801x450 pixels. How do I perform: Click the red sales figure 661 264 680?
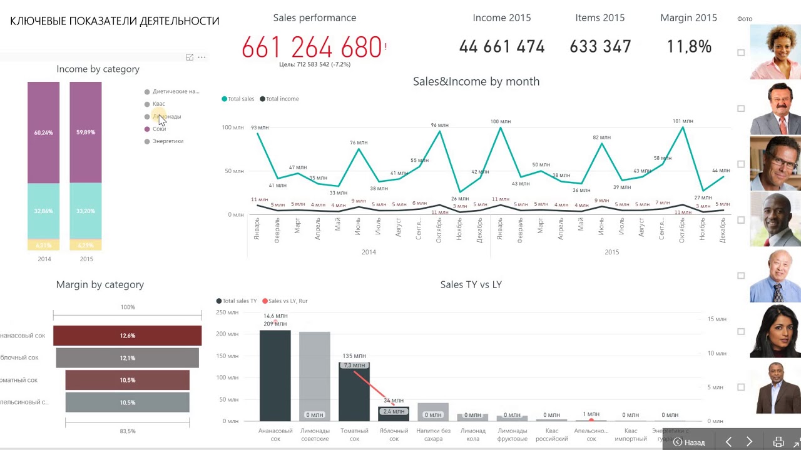(312, 47)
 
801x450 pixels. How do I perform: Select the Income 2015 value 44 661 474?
(501, 47)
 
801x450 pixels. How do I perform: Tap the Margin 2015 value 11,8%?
(688, 47)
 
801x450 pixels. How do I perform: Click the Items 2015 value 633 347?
(600, 47)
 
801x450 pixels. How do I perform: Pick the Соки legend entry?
(159, 129)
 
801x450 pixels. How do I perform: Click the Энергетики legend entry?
(167, 141)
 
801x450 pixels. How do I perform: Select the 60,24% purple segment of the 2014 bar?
(43, 132)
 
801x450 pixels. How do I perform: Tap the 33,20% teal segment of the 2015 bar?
(86, 211)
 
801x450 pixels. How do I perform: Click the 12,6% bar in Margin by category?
(127, 336)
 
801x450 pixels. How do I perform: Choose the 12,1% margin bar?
(127, 358)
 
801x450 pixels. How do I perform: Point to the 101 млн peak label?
(683, 121)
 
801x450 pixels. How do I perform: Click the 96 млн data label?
(439, 125)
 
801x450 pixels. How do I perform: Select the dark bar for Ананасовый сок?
(275, 375)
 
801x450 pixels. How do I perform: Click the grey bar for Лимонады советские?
(314, 375)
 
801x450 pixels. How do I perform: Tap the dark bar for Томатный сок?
(354, 394)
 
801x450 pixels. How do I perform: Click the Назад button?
(689, 442)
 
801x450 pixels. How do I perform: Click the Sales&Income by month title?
(476, 81)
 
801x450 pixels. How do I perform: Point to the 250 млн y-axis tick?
(227, 312)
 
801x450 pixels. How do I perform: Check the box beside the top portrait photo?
(741, 53)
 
